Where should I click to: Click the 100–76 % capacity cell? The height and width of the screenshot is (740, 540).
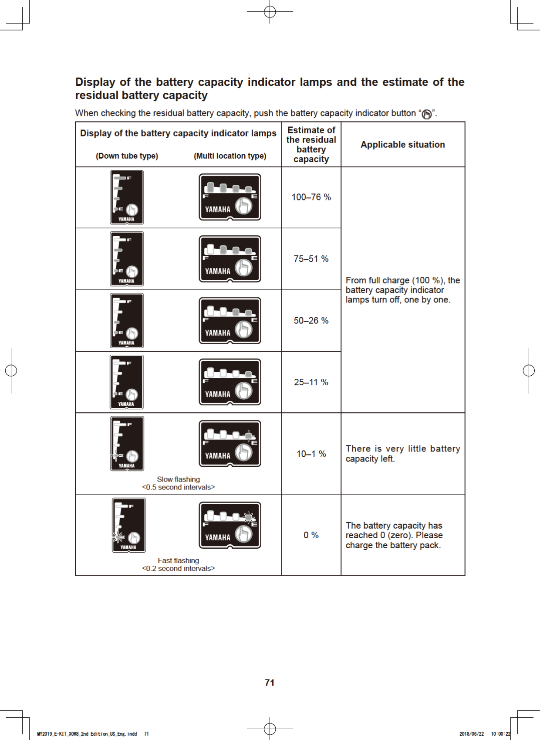point(311,197)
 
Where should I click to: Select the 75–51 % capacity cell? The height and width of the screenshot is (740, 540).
point(311,259)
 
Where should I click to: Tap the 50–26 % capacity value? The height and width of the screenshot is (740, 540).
point(311,321)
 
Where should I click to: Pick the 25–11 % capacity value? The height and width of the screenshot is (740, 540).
point(311,382)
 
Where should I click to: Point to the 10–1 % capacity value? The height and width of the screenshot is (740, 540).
point(311,454)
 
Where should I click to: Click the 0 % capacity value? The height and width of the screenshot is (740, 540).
point(311,535)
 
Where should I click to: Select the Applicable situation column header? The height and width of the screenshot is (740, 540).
point(402,145)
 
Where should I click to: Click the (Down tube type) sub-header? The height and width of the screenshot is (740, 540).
point(127,156)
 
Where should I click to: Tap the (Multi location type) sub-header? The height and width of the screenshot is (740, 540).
point(230,156)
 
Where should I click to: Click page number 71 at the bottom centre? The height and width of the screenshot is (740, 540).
point(270,682)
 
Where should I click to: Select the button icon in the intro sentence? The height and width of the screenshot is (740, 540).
point(427,114)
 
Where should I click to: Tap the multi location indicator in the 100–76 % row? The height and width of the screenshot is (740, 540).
point(230,197)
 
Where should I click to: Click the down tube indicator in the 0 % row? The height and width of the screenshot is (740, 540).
point(128,525)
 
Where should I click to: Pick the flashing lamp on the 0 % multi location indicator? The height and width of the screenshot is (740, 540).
point(249,517)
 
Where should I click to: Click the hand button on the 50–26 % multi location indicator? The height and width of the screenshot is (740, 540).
point(244,329)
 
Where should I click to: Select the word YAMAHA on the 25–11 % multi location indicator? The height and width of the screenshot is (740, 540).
point(218,394)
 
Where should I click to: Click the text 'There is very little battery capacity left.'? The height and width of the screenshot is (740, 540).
point(402,454)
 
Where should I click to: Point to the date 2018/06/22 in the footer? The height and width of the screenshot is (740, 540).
point(471,734)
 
